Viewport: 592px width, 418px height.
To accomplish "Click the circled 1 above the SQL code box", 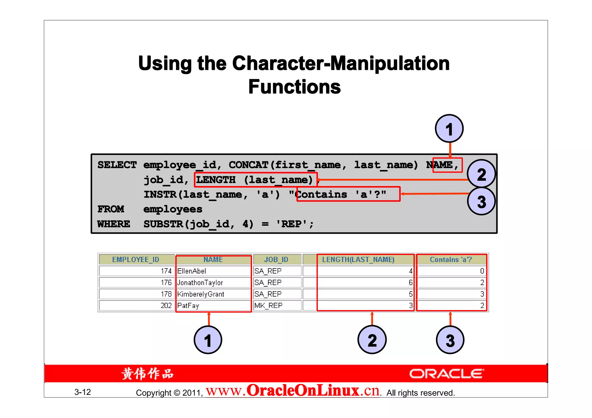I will click(449, 129).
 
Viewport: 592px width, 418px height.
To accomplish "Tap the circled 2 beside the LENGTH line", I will click(481, 174).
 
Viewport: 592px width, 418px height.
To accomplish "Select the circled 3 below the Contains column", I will click(450, 340).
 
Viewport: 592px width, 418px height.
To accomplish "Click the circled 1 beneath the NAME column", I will click(208, 340).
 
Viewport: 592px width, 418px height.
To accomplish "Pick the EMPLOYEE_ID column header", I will click(136, 260).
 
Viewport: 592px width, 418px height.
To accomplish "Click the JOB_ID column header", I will click(276, 260).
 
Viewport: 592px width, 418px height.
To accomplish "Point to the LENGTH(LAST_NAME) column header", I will click(358, 260).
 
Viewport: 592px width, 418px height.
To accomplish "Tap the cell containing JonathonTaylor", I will click(200, 283).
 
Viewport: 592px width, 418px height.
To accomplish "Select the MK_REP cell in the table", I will click(269, 305).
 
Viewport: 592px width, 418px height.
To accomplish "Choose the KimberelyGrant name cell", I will click(201, 294).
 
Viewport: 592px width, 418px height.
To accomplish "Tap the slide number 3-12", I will click(83, 392).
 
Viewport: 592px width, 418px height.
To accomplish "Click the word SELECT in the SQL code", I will click(117, 165).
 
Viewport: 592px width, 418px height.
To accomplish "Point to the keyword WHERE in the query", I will click(114, 224).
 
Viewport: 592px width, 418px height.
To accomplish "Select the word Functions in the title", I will click(295, 87).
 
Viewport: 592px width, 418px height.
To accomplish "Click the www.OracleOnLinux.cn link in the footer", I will click(293, 391).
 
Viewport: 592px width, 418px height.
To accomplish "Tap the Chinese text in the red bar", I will click(147, 374).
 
